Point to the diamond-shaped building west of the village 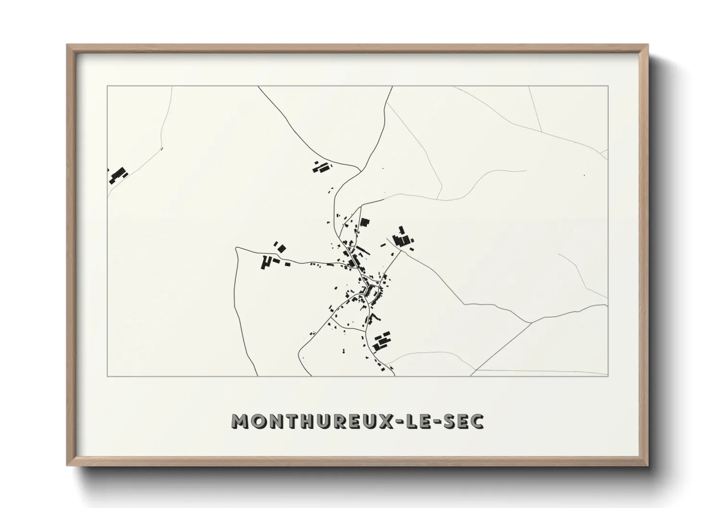282,248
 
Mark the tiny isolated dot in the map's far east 584,176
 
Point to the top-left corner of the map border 107,86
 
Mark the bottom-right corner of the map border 608,376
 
